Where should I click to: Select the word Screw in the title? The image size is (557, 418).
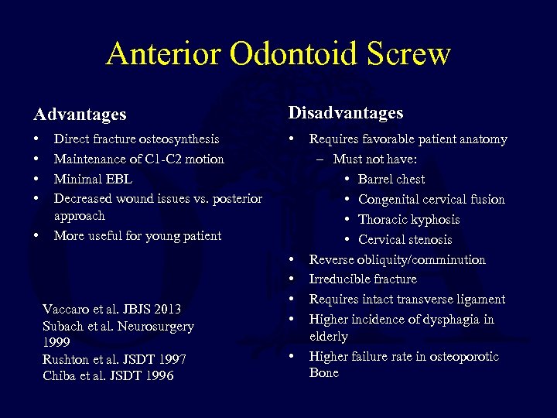[410, 53]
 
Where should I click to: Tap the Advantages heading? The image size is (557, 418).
[80, 115]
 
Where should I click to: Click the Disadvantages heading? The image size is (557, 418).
[346, 113]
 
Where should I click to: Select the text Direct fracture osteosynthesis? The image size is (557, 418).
[136, 139]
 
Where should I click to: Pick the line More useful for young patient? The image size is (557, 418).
[137, 235]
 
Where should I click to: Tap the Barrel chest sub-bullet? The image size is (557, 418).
[391, 179]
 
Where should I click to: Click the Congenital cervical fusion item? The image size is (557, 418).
[431, 199]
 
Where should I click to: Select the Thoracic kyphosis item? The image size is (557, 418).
[408, 219]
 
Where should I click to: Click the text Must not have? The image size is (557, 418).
[375, 159]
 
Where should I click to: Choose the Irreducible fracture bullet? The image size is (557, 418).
[362, 279]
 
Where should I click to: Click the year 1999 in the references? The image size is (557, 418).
[56, 341]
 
